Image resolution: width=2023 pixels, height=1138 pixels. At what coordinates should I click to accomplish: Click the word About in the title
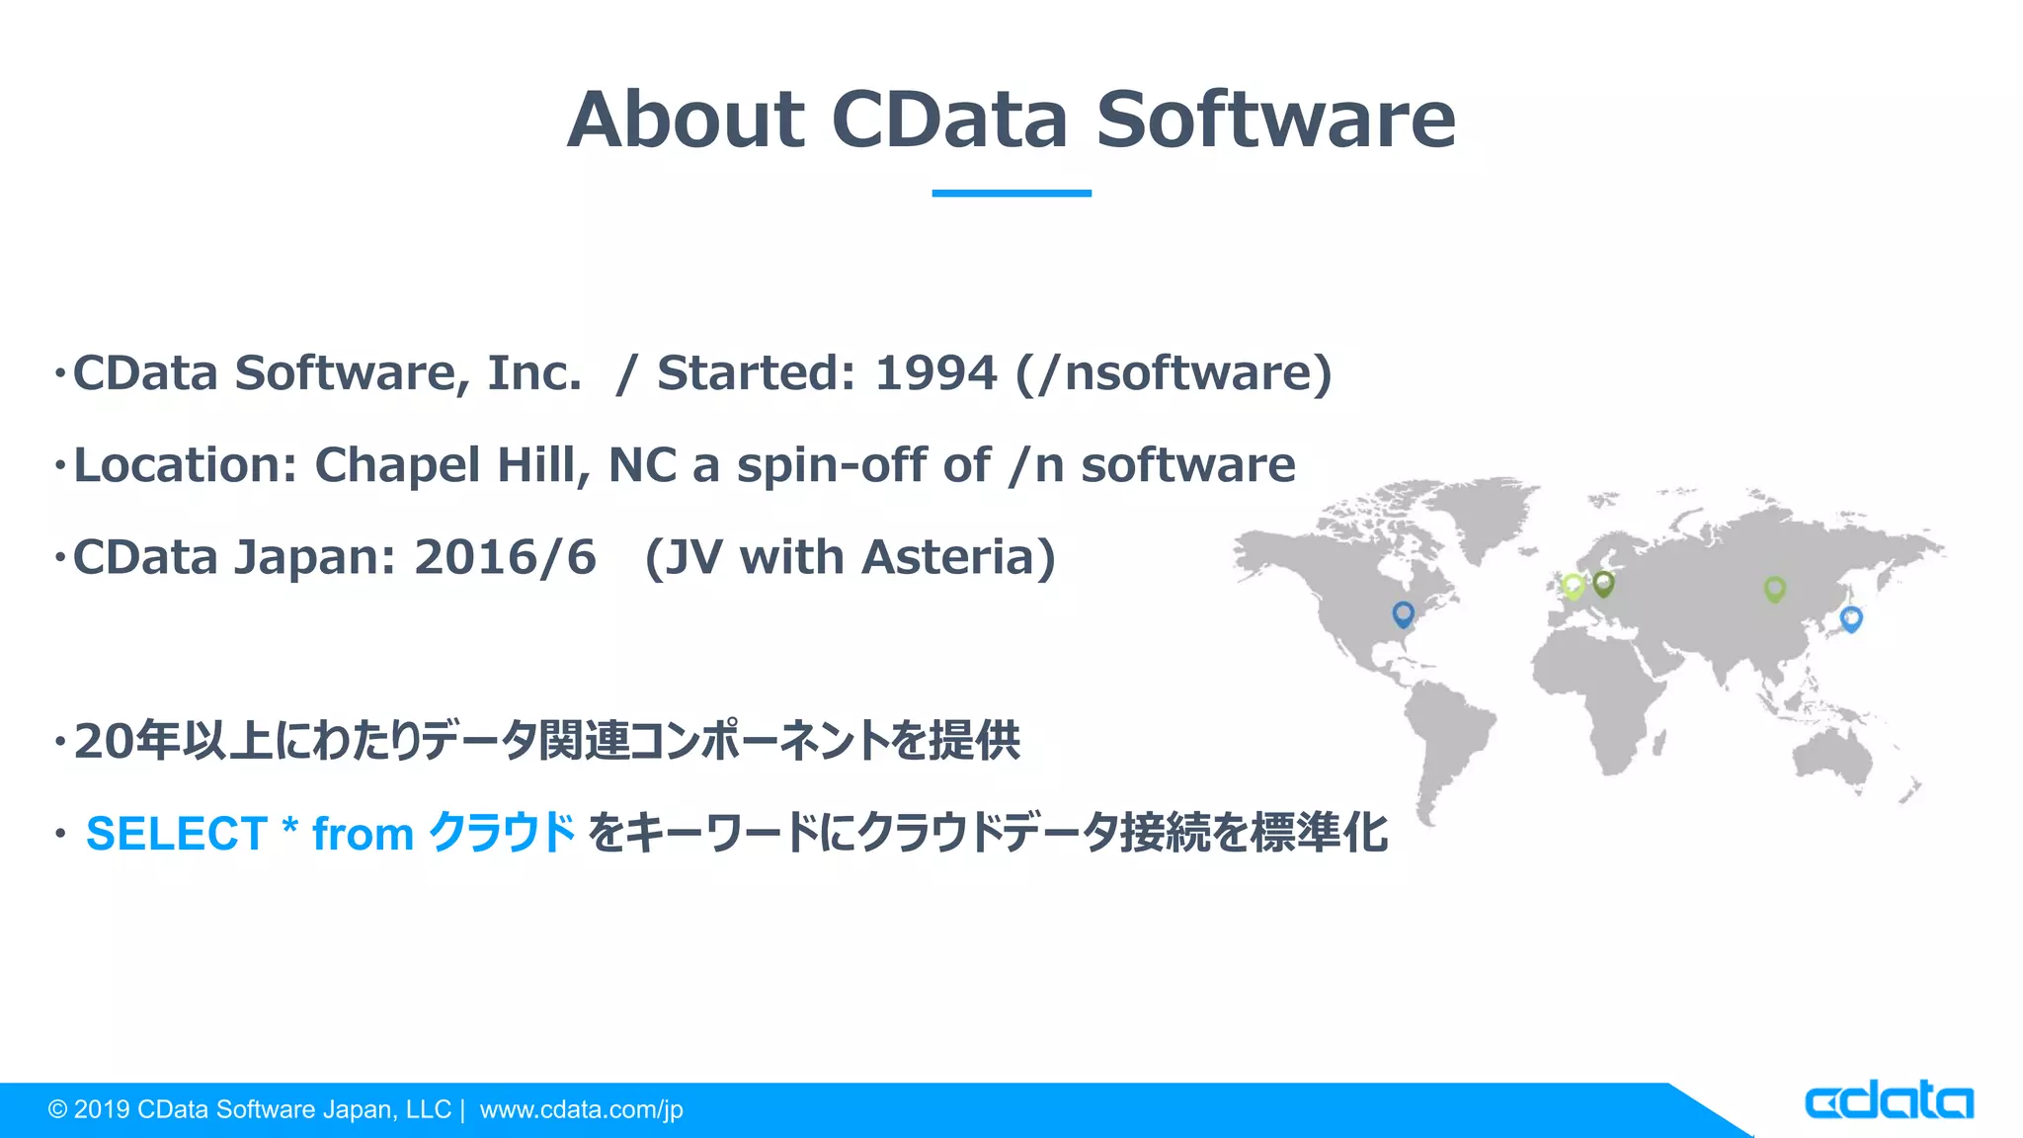click(686, 120)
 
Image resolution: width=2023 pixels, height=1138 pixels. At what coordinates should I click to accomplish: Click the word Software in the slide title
click(1275, 120)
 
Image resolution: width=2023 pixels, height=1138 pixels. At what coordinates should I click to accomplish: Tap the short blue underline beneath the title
click(1011, 193)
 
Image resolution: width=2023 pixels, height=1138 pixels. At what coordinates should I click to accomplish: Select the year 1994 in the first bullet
click(935, 373)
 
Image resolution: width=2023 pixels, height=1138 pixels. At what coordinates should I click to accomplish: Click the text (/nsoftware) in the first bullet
click(1173, 373)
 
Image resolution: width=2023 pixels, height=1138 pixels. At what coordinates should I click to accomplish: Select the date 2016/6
click(505, 557)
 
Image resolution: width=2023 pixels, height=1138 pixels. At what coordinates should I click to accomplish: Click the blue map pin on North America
click(1403, 613)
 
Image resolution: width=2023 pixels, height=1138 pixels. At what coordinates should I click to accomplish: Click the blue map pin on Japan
click(1851, 618)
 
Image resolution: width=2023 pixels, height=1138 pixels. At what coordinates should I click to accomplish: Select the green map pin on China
click(1774, 589)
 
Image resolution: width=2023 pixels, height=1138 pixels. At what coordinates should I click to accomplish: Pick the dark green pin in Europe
click(1603, 583)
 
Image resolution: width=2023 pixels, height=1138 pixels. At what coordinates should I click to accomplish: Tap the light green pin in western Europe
click(1573, 586)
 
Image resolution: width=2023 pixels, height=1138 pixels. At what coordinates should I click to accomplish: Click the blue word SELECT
click(177, 834)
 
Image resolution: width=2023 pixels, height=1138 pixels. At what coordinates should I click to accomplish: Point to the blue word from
click(363, 834)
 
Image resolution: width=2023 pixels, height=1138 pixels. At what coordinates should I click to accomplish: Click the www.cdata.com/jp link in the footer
click(581, 1109)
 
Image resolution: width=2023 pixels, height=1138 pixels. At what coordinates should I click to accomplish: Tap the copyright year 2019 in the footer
click(102, 1109)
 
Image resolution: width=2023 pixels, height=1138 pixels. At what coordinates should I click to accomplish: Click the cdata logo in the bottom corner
click(1888, 1101)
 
